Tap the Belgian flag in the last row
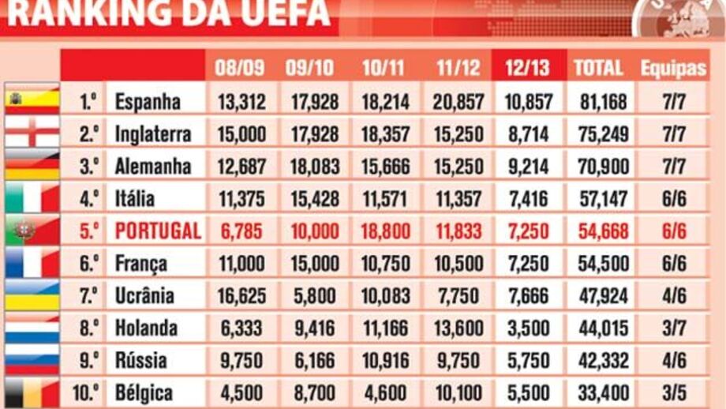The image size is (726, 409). [32, 392]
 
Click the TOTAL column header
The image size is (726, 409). [598, 67]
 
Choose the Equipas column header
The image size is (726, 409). [672, 67]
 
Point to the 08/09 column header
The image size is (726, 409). [240, 67]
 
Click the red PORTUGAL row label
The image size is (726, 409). [158, 231]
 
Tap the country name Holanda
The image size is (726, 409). [146, 328]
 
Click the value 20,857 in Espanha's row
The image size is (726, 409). [458, 101]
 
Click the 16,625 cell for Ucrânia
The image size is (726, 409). [241, 295]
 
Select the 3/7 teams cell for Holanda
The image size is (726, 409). [673, 328]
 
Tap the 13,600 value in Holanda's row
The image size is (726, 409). [458, 328]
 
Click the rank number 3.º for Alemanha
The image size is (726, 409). [89, 166]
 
